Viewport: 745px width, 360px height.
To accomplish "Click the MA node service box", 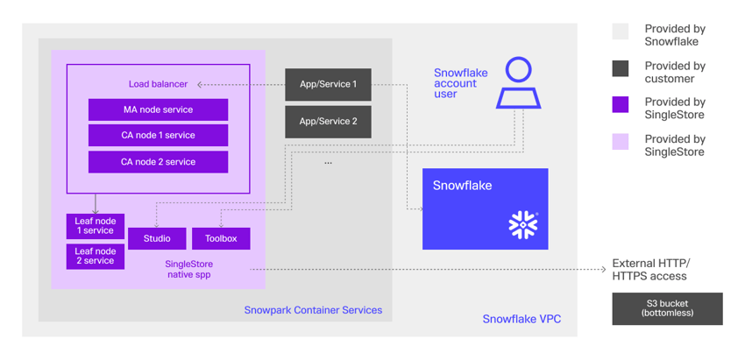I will [158, 109].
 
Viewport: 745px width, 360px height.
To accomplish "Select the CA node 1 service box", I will [158, 136].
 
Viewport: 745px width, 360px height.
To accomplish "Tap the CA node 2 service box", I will [158, 162].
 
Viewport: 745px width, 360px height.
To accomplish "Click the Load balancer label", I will [158, 84].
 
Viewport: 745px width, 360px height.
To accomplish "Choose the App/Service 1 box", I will [328, 85].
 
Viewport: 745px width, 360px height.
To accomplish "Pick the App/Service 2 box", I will [328, 122].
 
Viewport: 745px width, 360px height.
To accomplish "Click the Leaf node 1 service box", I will [95, 226].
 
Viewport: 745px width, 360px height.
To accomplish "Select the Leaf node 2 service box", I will [95, 257].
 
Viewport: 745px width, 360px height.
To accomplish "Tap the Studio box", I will [157, 238].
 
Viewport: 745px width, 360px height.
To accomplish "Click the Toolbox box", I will [221, 238].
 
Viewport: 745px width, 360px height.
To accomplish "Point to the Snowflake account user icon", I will [518, 83].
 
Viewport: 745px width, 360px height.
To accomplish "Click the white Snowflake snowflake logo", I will [523, 225].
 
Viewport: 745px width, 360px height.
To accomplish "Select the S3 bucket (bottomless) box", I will [667, 308].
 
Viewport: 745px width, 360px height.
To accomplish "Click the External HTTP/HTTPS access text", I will [650, 269].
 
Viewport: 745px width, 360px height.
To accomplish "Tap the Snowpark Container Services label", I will [313, 310].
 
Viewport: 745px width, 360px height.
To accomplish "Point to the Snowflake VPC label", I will [521, 319].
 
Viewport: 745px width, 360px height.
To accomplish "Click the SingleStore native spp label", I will [189, 269].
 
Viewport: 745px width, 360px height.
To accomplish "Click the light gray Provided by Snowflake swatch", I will [621, 32].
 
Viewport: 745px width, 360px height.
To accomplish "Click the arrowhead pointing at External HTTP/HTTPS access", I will [603, 269].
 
